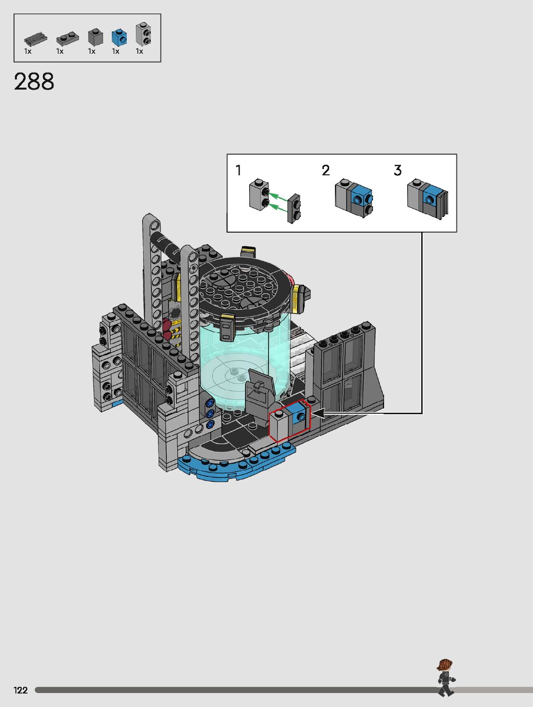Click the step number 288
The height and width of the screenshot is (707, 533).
coord(34,81)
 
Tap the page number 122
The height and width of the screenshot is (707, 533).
coord(21,690)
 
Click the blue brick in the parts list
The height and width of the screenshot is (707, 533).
coord(119,38)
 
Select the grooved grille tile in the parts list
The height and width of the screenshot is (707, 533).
coord(36,39)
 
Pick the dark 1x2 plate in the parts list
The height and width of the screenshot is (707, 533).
coord(67,39)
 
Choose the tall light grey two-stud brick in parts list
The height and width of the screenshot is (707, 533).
coord(144,34)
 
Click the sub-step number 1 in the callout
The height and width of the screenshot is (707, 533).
coord(239,170)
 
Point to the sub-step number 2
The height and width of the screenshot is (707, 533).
coord(326,170)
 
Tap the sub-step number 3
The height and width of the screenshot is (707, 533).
coord(398,170)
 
